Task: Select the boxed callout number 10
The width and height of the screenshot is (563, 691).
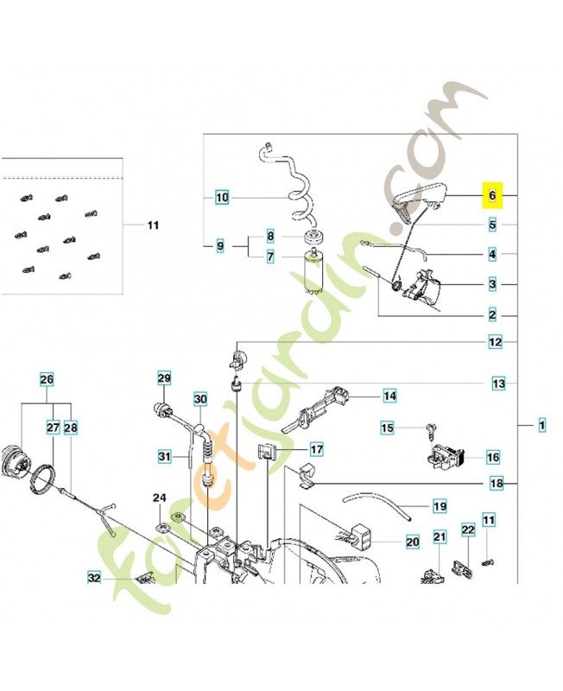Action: point(222,197)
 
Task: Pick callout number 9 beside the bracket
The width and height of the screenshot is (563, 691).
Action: point(220,246)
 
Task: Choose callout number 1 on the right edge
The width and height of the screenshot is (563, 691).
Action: point(542,425)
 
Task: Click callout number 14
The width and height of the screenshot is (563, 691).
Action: point(389,396)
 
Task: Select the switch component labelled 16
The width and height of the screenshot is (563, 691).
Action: point(446,457)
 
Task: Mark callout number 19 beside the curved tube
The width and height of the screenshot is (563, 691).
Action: point(440,506)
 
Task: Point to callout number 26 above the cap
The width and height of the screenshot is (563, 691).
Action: point(47,379)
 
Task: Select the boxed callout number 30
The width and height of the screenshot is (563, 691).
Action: point(200,399)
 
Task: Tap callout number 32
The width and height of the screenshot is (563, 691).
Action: point(94,577)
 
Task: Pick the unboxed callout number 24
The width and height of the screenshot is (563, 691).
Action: point(160,498)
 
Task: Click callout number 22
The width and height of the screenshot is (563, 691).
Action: point(468,529)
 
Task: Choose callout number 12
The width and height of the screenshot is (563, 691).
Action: point(495,341)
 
